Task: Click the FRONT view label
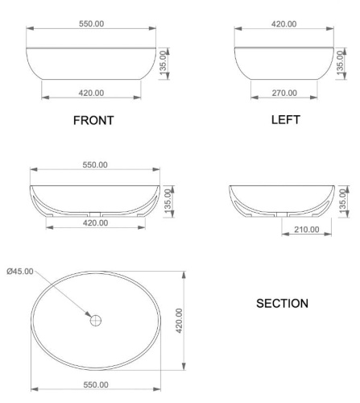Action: click(x=93, y=121)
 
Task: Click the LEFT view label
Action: click(x=286, y=120)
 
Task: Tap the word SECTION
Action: click(x=282, y=304)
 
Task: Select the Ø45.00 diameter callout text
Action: click(x=20, y=272)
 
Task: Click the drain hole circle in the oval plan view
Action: click(x=96, y=320)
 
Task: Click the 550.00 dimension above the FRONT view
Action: click(x=91, y=23)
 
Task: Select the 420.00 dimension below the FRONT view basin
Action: click(x=90, y=93)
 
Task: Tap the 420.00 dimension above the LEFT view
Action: click(x=283, y=23)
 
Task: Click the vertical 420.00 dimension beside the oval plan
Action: click(x=180, y=322)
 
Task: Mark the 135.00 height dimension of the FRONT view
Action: click(x=163, y=62)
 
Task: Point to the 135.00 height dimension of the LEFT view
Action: click(x=339, y=62)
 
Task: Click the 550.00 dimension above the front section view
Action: click(x=95, y=164)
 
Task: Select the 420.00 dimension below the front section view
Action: click(x=95, y=222)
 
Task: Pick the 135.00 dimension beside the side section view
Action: click(x=343, y=199)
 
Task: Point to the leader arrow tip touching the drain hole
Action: click(x=91, y=316)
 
